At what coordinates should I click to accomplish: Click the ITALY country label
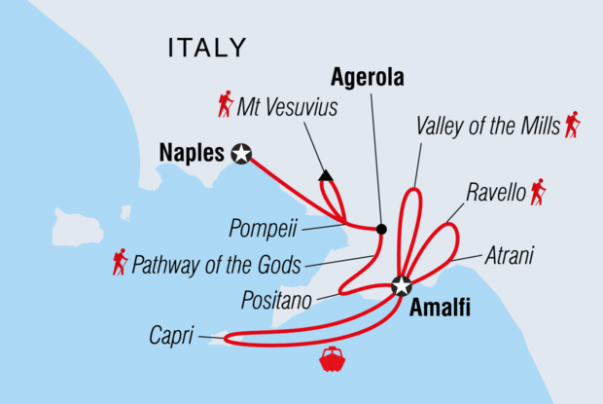(x=207, y=48)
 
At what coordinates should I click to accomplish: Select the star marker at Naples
(x=240, y=152)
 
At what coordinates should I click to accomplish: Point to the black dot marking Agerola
(x=380, y=230)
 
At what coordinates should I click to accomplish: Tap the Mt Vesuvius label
(x=288, y=107)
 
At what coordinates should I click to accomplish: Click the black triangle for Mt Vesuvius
(x=326, y=176)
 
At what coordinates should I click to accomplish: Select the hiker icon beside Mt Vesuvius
(x=226, y=103)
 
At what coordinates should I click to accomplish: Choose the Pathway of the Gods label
(x=216, y=263)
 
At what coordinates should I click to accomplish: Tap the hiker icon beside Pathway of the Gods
(x=120, y=262)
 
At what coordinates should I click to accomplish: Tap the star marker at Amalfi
(x=401, y=286)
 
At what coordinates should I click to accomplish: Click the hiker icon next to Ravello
(x=537, y=192)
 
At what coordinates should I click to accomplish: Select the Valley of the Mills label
(x=487, y=127)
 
